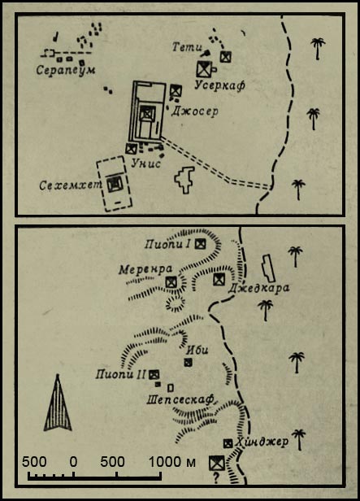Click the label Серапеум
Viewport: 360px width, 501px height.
coord(66,70)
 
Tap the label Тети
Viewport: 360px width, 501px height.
coord(187,47)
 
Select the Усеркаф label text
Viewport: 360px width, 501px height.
coord(219,85)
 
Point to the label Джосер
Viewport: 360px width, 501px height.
coord(195,111)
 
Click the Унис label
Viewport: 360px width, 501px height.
coord(145,163)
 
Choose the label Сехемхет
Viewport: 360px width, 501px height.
coord(71,185)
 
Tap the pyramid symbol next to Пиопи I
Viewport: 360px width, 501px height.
coord(201,244)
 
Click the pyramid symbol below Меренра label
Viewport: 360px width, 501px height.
coord(171,282)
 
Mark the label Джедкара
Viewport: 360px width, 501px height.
coord(258,288)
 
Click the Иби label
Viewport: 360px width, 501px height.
coord(197,351)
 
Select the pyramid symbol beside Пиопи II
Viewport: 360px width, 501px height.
coord(154,374)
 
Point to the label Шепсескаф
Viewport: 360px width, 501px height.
coord(180,399)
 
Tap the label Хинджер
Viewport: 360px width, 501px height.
coord(262,442)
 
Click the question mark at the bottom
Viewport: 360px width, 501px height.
coord(216,478)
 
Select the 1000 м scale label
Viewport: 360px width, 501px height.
coord(172,462)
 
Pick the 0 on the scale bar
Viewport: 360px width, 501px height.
coord(73,462)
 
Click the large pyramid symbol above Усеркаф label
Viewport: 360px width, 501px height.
coord(204,68)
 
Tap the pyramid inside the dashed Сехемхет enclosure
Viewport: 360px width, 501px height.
coord(115,185)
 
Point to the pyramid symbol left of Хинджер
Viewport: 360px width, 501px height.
coord(228,443)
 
